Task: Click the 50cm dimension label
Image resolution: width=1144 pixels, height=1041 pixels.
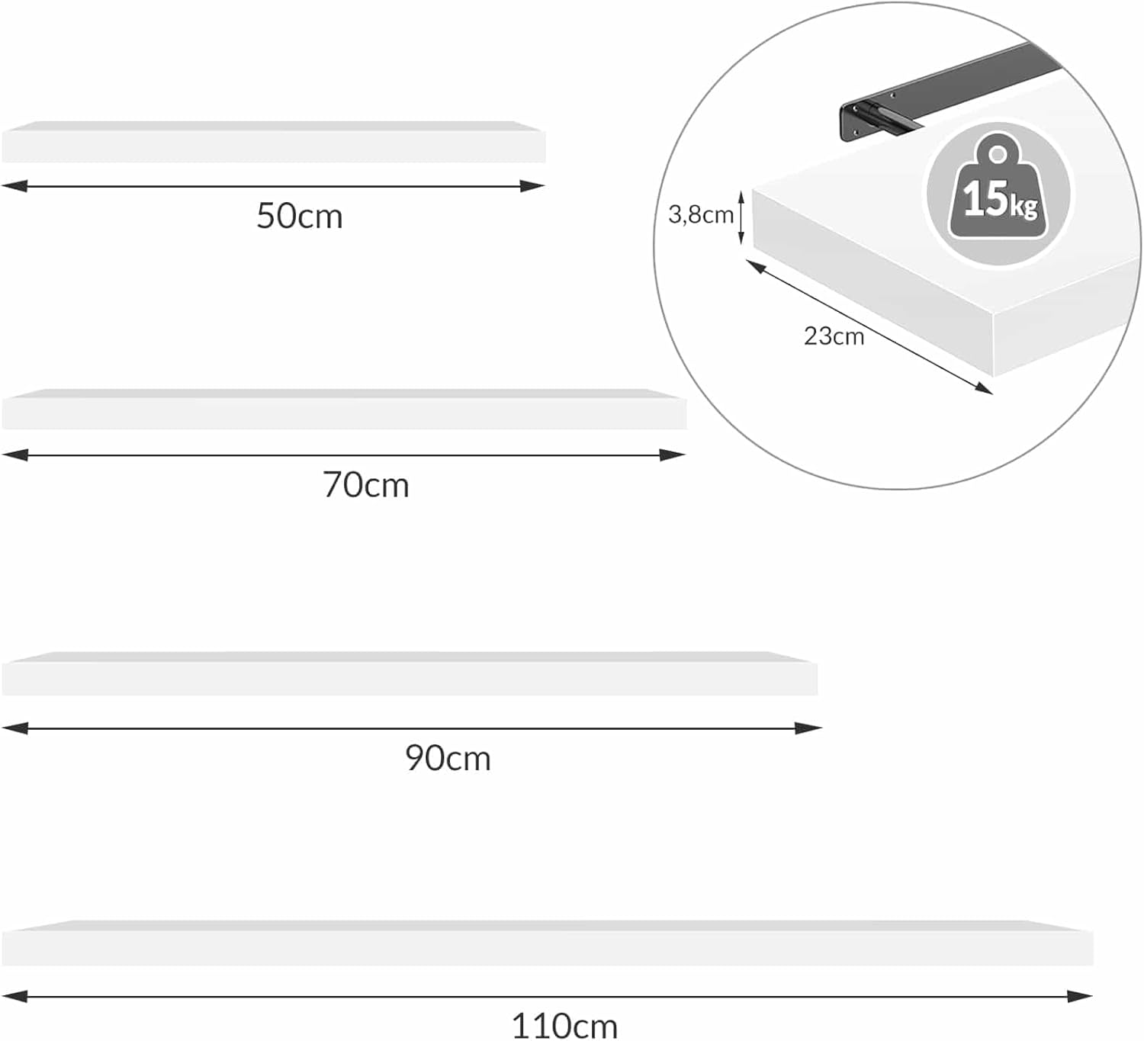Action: click(x=300, y=216)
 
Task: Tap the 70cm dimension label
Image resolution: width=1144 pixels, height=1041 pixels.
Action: click(x=365, y=486)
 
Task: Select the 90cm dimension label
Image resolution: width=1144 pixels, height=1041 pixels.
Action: click(x=448, y=759)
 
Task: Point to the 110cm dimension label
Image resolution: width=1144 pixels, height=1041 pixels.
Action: click(x=564, y=1027)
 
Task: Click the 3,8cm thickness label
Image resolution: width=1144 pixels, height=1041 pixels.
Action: click(x=700, y=215)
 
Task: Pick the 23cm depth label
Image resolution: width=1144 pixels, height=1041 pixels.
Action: click(x=834, y=336)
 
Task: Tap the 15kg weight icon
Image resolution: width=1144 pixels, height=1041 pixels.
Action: click(x=998, y=194)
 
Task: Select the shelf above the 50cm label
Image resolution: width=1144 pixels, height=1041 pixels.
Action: click(x=274, y=141)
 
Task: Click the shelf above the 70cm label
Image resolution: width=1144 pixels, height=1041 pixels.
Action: click(x=344, y=409)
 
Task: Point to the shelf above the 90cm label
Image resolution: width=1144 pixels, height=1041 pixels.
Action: click(x=410, y=673)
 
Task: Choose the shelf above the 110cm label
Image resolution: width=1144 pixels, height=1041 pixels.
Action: click(x=548, y=943)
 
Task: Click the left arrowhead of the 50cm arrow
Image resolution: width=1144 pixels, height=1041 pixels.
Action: click(x=14, y=186)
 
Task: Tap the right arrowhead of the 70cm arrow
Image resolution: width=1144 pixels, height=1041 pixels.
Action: click(x=672, y=455)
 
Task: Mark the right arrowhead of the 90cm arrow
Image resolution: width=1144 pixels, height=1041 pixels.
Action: click(x=808, y=728)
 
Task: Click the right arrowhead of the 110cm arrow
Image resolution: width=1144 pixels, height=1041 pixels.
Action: click(x=1079, y=997)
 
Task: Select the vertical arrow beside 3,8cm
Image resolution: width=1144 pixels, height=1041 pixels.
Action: click(x=741, y=217)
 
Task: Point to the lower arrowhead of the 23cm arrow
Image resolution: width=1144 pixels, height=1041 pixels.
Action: click(x=982, y=388)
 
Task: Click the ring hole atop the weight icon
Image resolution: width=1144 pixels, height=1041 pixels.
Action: click(x=998, y=154)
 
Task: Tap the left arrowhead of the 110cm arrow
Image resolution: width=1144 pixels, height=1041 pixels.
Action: click(x=14, y=997)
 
